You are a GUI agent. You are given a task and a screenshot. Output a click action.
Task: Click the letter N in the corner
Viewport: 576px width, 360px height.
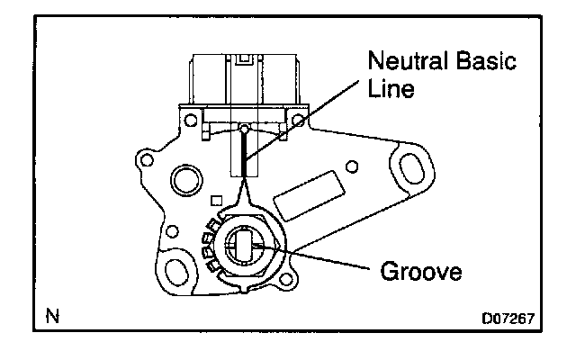pos(52,316)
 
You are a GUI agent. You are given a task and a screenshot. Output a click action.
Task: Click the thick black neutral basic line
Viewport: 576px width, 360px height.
pos(244,153)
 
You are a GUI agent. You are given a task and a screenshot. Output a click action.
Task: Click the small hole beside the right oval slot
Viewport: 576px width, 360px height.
pos(353,166)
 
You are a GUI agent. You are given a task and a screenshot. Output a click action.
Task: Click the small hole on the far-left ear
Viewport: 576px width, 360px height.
pos(142,162)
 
